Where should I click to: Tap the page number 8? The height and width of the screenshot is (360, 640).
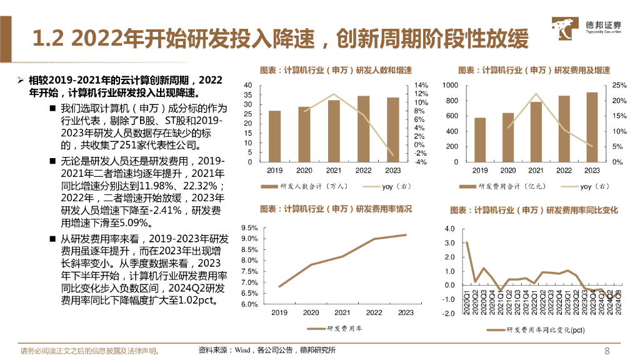tap(607, 350)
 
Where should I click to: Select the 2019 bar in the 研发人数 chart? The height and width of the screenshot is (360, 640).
tap(274, 136)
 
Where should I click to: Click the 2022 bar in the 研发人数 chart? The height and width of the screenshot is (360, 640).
tap(363, 129)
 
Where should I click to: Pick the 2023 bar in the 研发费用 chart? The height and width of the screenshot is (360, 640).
tap(591, 127)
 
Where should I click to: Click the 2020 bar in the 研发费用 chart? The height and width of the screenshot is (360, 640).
tap(507, 137)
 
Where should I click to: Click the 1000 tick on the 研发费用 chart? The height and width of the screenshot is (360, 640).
tap(450, 85)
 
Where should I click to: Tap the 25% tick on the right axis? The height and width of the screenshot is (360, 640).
tap(618, 85)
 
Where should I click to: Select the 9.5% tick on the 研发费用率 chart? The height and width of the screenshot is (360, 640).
tap(249, 228)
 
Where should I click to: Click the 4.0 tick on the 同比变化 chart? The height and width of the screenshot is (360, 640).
tap(449, 229)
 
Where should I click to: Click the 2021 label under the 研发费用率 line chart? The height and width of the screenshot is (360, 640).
tap(342, 312)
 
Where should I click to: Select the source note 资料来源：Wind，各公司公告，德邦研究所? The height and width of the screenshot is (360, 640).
tap(266, 350)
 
